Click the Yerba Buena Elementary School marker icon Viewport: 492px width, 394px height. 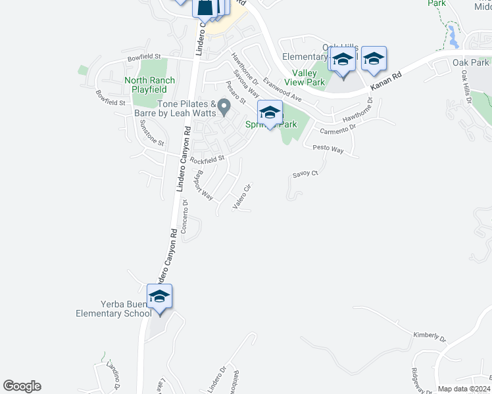click(x=159, y=297)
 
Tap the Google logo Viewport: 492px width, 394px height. click(x=22, y=386)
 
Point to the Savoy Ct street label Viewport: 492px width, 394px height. click(x=305, y=174)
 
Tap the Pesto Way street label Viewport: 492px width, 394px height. click(x=328, y=150)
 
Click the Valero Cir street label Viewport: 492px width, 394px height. click(x=242, y=196)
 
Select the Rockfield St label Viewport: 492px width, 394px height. click(x=207, y=159)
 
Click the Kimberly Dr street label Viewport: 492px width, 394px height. click(x=429, y=337)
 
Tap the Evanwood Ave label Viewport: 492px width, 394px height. click(x=282, y=89)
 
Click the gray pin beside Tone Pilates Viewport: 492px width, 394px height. click(x=224, y=106)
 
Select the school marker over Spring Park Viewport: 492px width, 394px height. click(x=270, y=114)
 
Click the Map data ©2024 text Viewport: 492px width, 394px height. click(x=464, y=389)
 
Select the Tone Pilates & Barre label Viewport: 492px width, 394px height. click(x=176, y=108)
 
